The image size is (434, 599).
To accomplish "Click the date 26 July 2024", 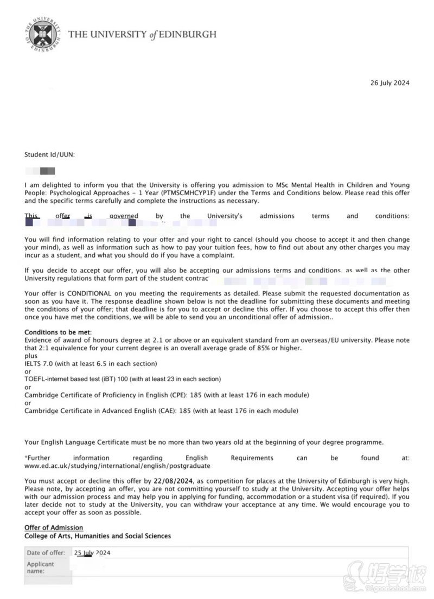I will click(x=390, y=83).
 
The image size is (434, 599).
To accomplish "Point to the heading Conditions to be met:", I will click(x=58, y=332).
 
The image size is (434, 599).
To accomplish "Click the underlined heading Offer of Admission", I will click(x=54, y=527).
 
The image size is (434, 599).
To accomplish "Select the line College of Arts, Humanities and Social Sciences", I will click(x=98, y=536).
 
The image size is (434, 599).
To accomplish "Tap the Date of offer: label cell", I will click(x=46, y=553).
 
